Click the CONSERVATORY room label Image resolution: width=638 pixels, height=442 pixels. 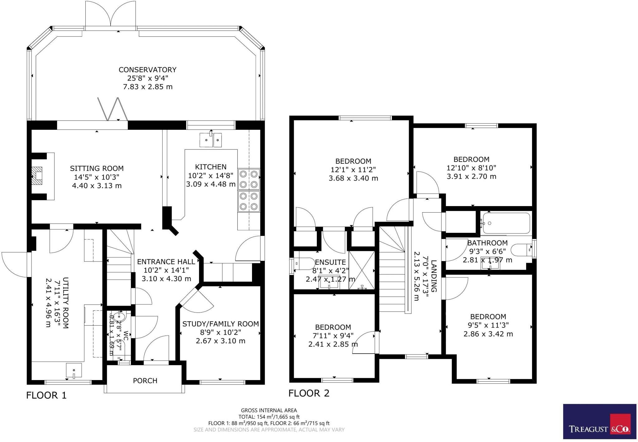click(147, 70)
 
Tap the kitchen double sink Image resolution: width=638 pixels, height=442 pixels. click(211, 139)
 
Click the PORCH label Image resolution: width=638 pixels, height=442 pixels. click(145, 380)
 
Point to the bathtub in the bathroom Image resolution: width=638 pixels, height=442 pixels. click(505, 223)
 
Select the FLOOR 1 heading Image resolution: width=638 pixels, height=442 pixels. click(46, 395)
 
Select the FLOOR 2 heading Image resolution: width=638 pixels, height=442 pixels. click(308, 393)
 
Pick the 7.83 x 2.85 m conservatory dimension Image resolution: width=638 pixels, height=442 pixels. click(147, 87)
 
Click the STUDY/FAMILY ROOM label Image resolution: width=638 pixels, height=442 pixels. click(220, 324)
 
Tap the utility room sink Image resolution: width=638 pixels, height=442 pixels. click(74, 370)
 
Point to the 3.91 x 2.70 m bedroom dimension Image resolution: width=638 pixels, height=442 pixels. click(471, 176)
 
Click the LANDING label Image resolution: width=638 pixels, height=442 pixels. click(433, 276)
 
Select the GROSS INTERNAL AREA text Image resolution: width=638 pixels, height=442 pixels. click(269, 410)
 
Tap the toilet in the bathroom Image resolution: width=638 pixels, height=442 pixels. click(521, 249)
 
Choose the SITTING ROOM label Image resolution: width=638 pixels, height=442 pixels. click(97, 168)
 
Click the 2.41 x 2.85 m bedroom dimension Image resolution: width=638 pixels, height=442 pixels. click(333, 344)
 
